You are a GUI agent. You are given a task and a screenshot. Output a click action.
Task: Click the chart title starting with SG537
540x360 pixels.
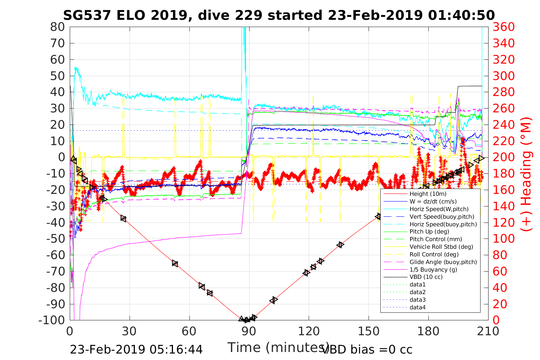click(279, 15)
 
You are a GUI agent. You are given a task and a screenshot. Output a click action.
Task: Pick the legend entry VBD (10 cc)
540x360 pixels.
click(426, 277)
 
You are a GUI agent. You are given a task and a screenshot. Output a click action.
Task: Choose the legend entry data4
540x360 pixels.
click(417, 307)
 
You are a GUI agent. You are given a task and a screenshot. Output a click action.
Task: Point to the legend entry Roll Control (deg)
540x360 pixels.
click(431, 254)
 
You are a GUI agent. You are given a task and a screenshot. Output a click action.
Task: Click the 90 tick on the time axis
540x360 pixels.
click(249, 331)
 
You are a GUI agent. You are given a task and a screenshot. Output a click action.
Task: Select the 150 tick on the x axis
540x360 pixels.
click(369, 331)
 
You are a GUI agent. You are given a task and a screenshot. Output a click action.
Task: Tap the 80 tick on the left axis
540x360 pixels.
click(58, 27)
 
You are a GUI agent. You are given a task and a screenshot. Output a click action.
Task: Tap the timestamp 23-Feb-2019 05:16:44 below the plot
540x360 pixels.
click(136, 349)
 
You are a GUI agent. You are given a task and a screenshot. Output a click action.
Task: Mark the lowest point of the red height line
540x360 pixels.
click(246, 320)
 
